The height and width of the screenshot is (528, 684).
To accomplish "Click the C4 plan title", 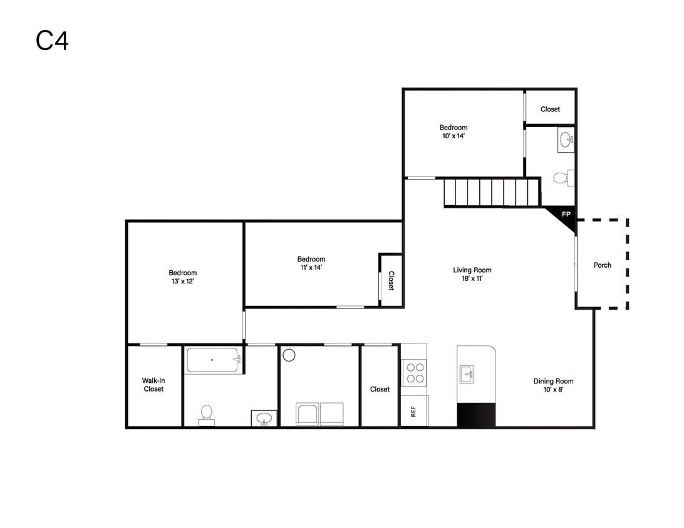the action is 52,41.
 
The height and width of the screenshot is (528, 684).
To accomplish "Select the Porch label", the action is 603,265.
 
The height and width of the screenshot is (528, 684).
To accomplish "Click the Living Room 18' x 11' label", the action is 472,274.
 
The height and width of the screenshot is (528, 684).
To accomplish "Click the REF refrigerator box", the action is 414,411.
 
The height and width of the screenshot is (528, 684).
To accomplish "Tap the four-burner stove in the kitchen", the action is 415,373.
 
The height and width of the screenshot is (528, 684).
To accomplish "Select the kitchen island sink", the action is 467,374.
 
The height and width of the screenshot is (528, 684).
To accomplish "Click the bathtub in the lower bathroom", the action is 214,360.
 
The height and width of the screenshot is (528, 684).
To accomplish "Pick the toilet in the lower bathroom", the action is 206,415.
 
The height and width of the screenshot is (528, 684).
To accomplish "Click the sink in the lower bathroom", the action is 264,419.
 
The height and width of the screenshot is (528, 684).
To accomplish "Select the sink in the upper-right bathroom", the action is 566,140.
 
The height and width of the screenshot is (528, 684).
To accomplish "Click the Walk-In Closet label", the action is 153,385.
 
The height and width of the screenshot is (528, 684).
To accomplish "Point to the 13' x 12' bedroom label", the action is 183,277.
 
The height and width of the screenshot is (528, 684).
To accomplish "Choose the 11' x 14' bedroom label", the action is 311,263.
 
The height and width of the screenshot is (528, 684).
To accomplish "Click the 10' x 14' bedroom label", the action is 453,131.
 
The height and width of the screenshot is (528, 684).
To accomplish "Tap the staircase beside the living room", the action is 492,192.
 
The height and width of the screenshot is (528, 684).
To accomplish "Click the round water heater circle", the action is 289,355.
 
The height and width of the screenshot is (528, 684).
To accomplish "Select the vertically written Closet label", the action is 391,280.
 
